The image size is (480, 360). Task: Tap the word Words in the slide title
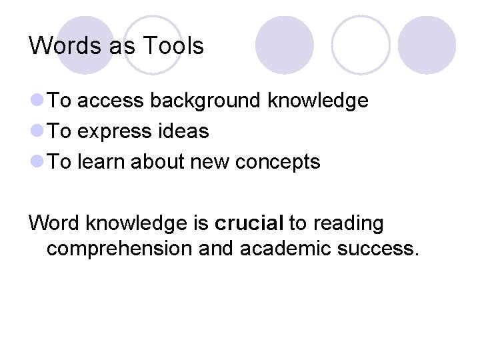coord(63,46)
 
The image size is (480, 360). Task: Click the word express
coord(115,132)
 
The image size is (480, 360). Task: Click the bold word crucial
coord(249,223)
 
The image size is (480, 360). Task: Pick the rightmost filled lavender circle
coord(427,45)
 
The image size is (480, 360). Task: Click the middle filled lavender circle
coord(285,45)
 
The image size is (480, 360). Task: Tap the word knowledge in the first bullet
coord(317,101)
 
